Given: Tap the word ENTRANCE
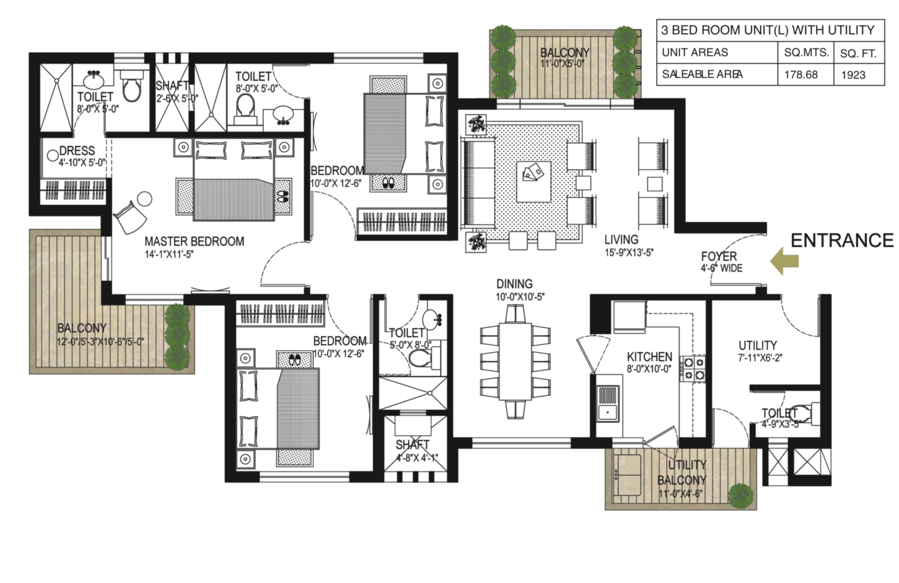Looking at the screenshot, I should pyautogui.click(x=842, y=241).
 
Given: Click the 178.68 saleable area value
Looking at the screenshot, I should pyautogui.click(x=801, y=74).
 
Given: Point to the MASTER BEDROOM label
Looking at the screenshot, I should pyautogui.click(x=194, y=241).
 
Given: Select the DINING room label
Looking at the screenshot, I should pyautogui.click(x=514, y=284).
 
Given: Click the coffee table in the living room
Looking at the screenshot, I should pyautogui.click(x=533, y=181).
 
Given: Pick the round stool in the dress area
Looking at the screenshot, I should pyautogui.click(x=52, y=155).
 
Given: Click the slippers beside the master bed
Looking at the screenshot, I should pyautogui.click(x=283, y=197).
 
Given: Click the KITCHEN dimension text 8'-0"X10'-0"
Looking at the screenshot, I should pyautogui.click(x=649, y=369).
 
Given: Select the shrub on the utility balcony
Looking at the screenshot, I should pyautogui.click(x=741, y=496).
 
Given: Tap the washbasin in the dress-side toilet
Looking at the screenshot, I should pyautogui.click(x=93, y=80).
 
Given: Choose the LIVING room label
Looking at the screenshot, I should pyautogui.click(x=621, y=240).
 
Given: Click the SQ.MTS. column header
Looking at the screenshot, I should pyautogui.click(x=806, y=53).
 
